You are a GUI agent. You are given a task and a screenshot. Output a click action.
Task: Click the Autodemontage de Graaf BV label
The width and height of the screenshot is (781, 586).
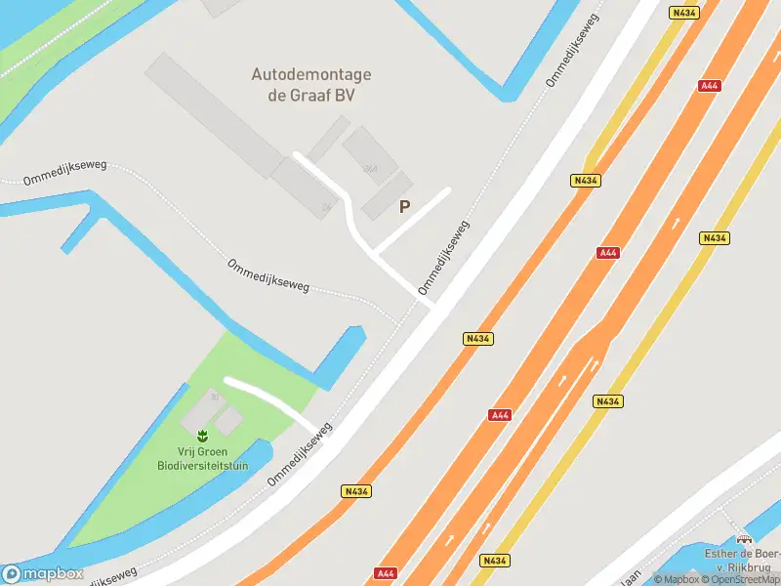[x=311, y=85]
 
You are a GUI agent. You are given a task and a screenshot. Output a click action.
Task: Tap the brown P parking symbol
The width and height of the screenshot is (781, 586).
[x=404, y=207]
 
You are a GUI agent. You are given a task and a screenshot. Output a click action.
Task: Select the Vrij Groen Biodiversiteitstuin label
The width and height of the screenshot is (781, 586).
[x=202, y=459]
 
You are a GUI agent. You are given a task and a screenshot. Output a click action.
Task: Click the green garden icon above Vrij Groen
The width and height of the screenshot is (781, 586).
[x=202, y=435]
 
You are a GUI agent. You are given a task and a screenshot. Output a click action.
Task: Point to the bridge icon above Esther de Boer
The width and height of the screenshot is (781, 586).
[x=745, y=537]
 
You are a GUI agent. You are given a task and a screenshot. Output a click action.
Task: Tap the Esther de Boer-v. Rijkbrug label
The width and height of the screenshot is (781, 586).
[x=744, y=561]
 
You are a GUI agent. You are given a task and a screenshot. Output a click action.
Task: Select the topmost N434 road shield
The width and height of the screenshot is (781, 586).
[x=683, y=13]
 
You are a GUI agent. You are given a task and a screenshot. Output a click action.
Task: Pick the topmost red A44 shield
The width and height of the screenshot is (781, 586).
[x=710, y=86]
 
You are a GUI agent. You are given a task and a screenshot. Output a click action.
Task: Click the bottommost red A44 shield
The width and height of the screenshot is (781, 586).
[x=388, y=574]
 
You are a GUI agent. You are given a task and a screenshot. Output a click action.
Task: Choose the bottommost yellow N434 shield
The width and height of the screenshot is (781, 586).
[x=495, y=561]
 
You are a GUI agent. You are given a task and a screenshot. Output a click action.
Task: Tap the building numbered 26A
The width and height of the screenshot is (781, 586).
[x=370, y=156]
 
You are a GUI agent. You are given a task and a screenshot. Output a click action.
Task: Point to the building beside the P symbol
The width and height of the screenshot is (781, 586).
[x=387, y=195]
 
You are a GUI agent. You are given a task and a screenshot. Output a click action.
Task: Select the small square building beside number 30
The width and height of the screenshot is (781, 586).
[x=228, y=421]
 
